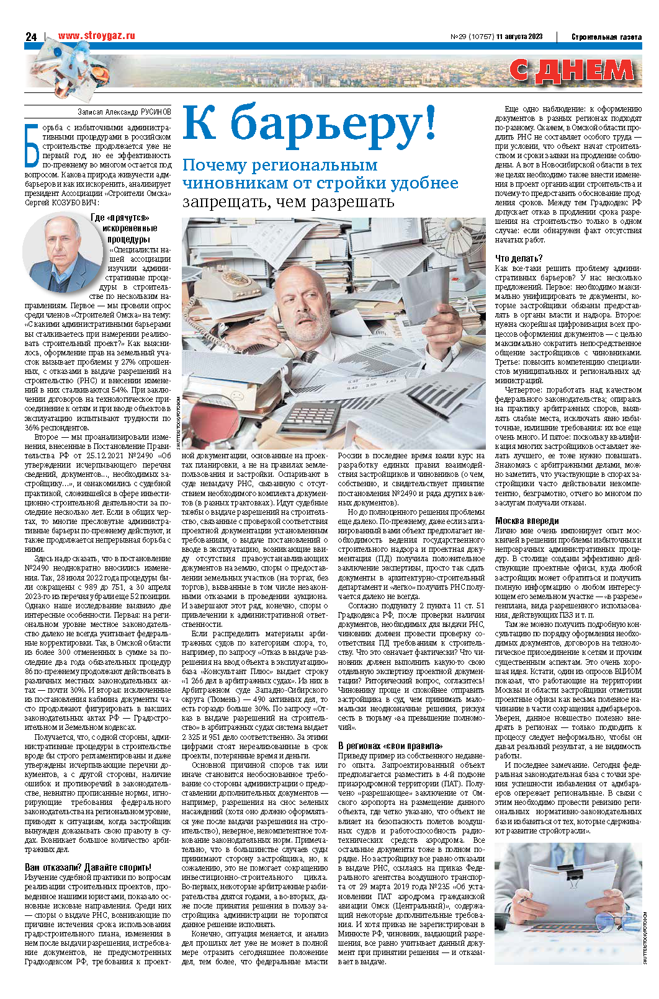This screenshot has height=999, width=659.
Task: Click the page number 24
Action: (31, 37)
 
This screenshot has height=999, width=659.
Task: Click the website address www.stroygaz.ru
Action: (96, 36)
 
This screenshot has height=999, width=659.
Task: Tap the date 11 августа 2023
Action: (519, 37)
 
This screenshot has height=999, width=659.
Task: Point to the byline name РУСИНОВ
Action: (156, 112)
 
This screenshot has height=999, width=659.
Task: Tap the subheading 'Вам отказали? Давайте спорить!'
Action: (88, 867)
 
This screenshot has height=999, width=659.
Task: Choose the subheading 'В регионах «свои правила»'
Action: (390, 745)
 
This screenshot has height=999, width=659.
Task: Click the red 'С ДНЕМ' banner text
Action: (572, 71)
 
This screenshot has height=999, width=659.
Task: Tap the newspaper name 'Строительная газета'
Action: (606, 37)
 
